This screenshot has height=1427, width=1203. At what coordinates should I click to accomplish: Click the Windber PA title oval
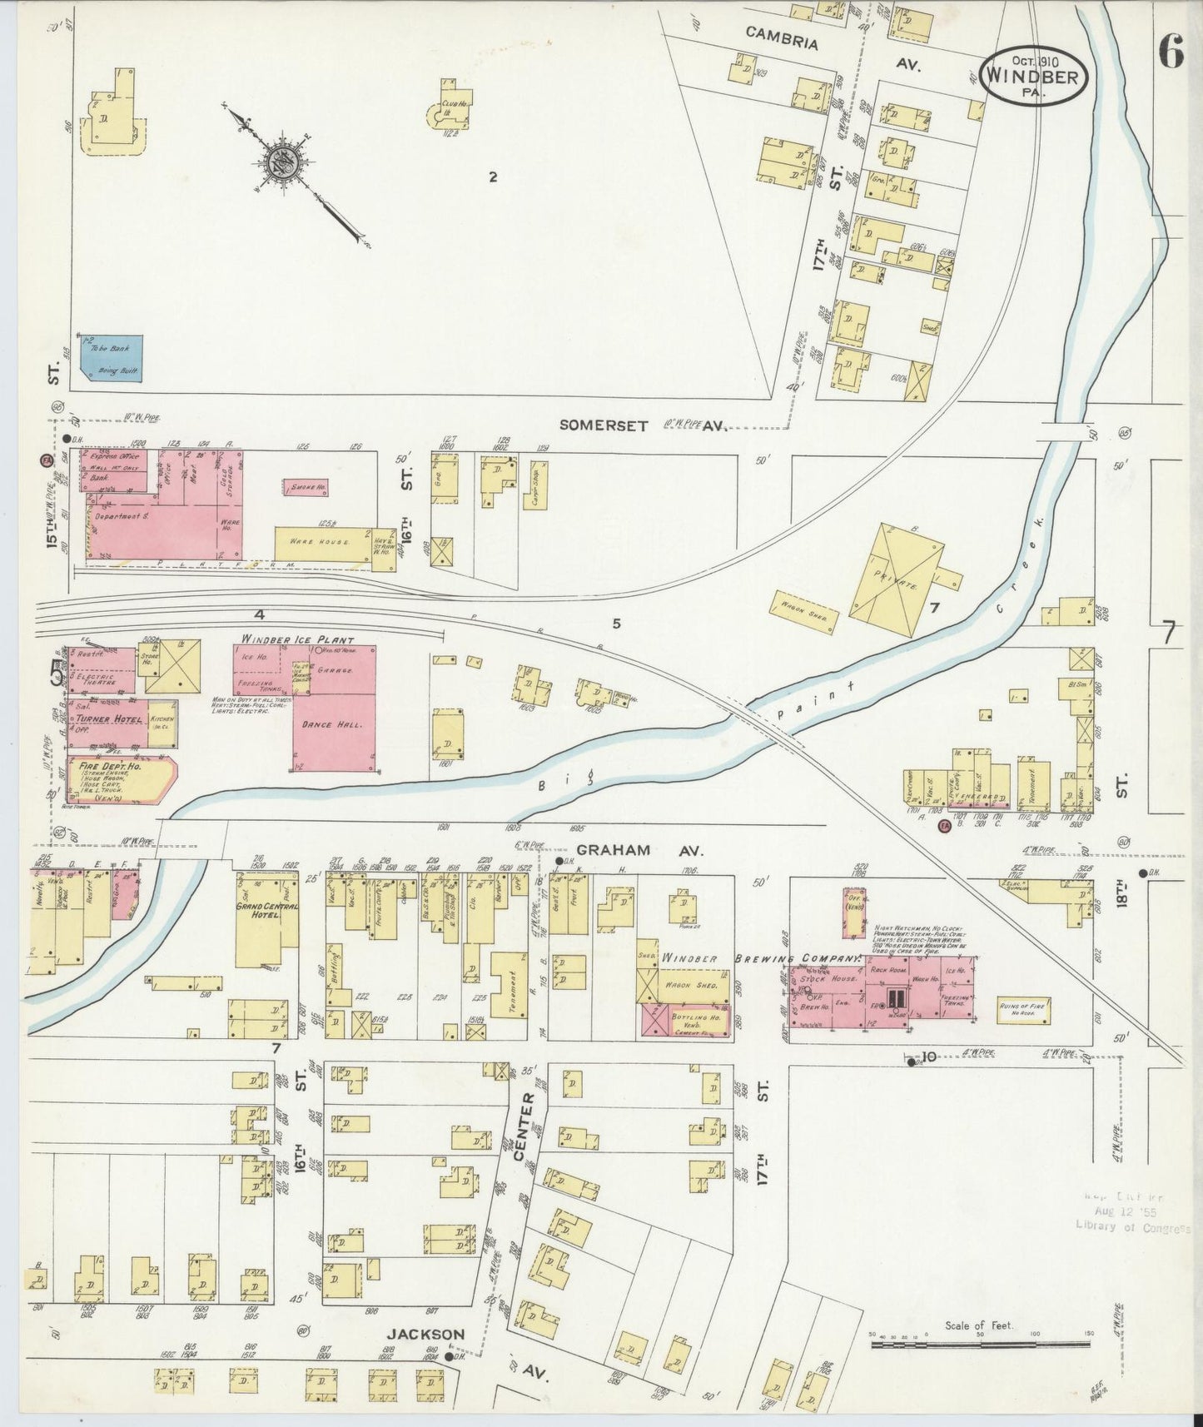pyautogui.click(x=1035, y=75)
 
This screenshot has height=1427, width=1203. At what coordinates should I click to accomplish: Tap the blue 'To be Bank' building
pyautogui.click(x=112, y=358)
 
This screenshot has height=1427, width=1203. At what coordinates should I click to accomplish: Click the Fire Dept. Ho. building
pyautogui.click(x=121, y=779)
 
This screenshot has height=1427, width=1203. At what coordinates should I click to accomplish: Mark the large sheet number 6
pyautogui.click(x=1169, y=54)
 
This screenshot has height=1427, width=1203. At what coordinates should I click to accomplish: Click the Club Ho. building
pyautogui.click(x=450, y=108)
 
